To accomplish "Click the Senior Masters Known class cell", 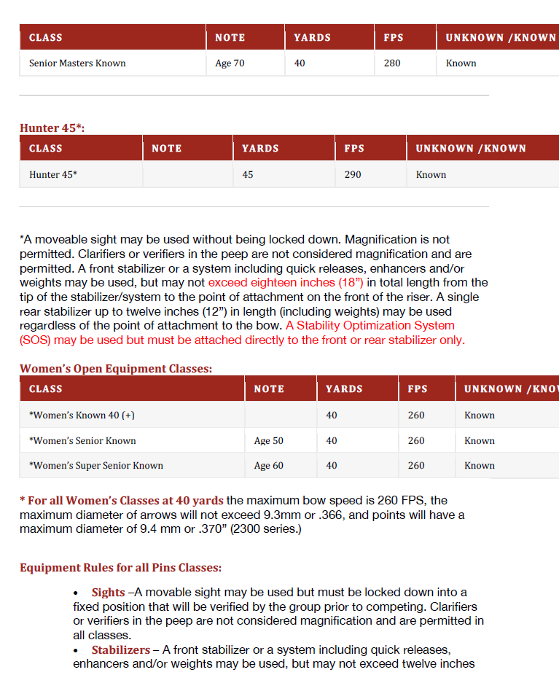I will tap(77, 63).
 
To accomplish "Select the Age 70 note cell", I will tap(230, 63).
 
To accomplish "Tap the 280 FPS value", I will tap(392, 63).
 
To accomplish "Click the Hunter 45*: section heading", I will tap(52, 128).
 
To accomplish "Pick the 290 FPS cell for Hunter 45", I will tap(353, 175).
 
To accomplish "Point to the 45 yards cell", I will tap(248, 175).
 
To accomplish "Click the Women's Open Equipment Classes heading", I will tap(116, 369).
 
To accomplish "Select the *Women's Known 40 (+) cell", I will tap(82, 415).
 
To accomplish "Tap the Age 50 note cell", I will tap(268, 441).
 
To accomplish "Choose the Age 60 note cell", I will tap(268, 466).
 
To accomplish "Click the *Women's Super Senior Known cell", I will tap(95, 466).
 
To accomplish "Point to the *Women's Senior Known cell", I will tap(82, 441).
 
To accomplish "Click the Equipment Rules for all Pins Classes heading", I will tap(120, 568).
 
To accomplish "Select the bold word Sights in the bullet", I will tap(108, 593).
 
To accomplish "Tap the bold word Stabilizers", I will tap(120, 650).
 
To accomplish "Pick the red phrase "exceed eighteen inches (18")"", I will tap(286, 283).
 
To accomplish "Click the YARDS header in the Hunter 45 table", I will tap(260, 149).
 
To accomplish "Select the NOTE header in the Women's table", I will tap(269, 389).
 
